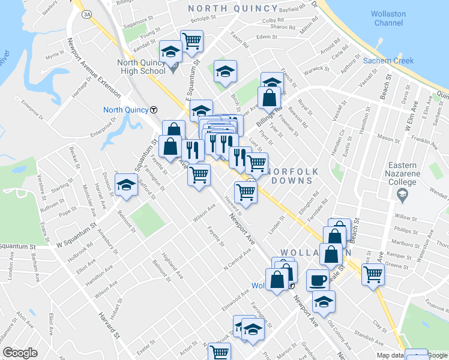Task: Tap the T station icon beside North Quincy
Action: (154, 110)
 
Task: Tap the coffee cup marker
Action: (318, 280)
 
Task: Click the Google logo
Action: (20, 352)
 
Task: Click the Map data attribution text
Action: (391, 355)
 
